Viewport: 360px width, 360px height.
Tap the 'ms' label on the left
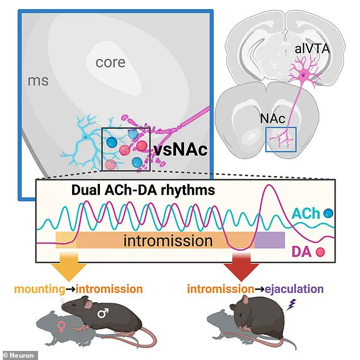point(39,81)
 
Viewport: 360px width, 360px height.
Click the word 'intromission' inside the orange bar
point(169,241)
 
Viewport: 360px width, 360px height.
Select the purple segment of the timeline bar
point(269,240)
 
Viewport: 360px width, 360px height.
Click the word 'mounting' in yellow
point(40,289)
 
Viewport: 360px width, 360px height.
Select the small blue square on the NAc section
point(281,140)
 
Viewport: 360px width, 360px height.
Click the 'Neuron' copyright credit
point(19,355)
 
